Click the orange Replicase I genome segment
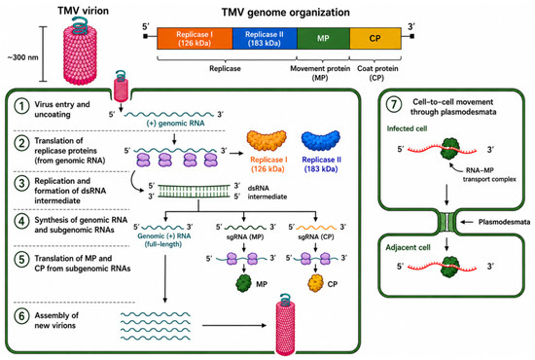195,39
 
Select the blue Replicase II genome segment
265,39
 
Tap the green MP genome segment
324,39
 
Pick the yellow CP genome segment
375,39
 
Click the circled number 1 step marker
21,106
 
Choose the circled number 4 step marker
21,221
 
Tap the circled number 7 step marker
394,104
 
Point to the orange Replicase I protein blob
267,140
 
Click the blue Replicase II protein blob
321,140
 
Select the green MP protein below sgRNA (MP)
243,283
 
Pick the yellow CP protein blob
315,283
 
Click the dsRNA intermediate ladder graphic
195,191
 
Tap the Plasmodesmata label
504,222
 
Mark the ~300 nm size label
23,57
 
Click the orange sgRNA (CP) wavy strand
316,228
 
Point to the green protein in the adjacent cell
450,267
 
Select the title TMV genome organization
286,13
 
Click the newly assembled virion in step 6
285,325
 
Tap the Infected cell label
407,128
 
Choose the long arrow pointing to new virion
234,325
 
